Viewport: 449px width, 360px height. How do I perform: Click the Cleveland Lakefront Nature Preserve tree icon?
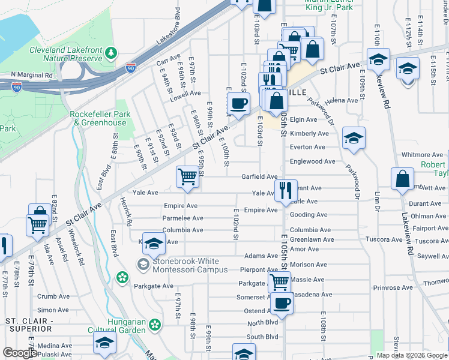(111, 54)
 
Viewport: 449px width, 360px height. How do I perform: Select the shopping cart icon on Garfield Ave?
(188, 176)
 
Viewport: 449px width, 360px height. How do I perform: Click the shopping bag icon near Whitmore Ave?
(402, 178)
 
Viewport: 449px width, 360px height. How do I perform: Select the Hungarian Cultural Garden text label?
(126, 326)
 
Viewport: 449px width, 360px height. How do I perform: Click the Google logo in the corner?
(19, 353)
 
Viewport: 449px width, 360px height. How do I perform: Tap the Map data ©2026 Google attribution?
(411, 355)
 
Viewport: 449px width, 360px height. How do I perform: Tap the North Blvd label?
(262, 323)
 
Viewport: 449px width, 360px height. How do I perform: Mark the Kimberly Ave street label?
(309, 133)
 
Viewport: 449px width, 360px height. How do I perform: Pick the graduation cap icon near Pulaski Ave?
(104, 344)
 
